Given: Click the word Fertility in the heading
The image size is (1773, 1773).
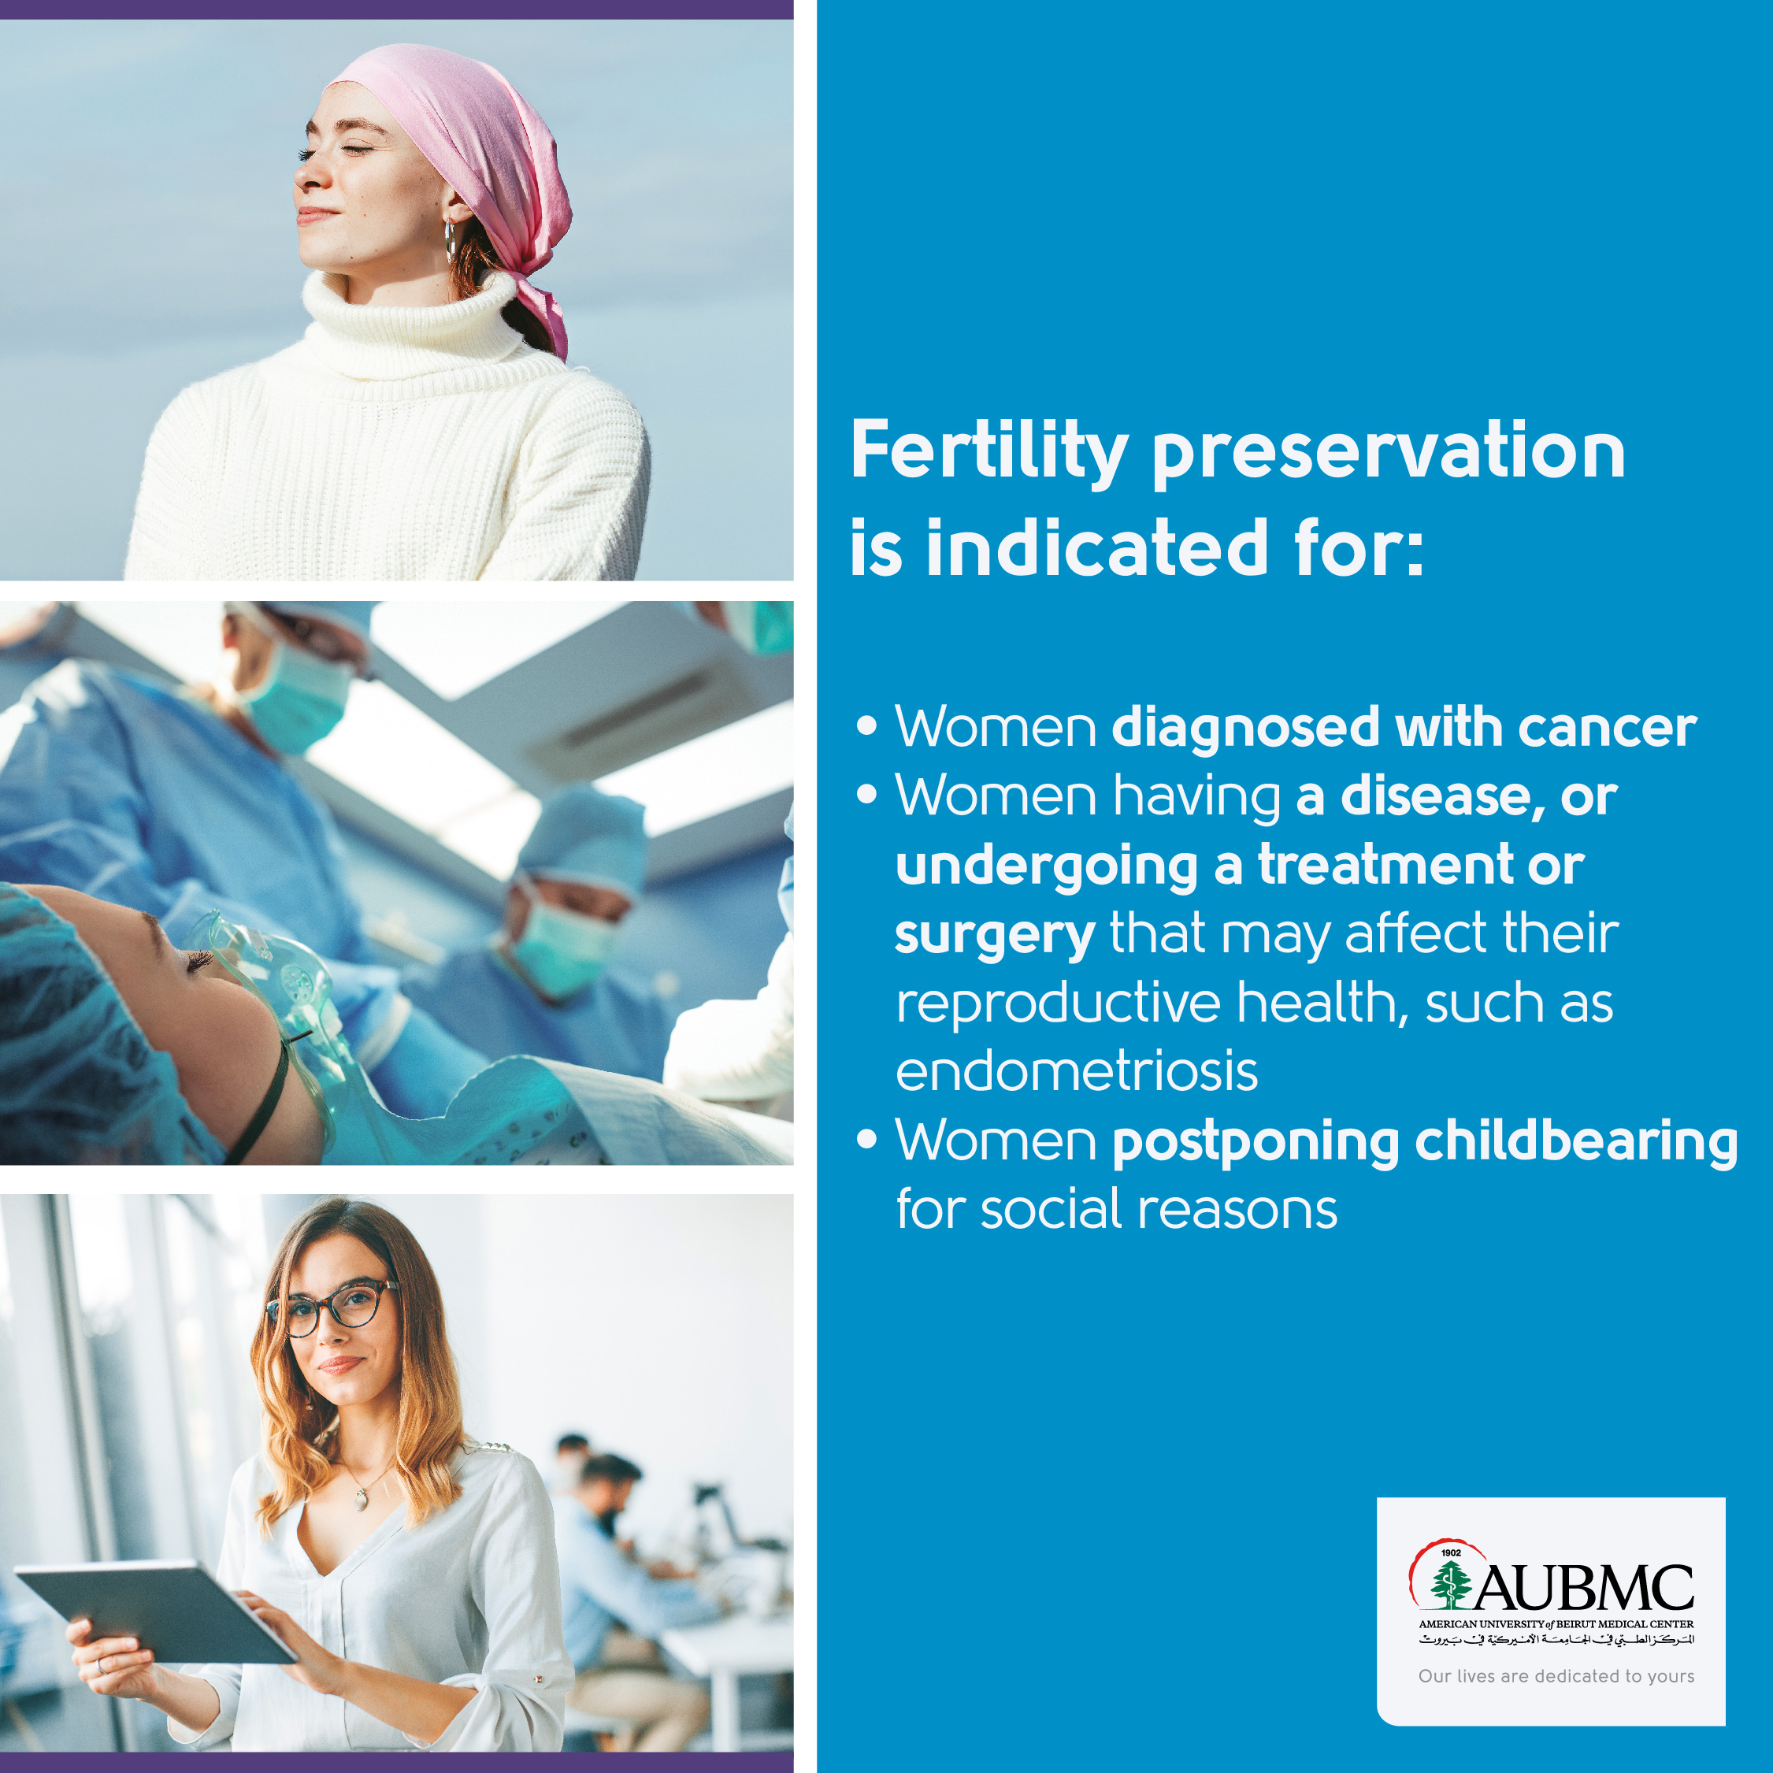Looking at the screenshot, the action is [989, 452].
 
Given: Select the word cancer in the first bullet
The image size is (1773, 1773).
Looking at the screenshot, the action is [1607, 728].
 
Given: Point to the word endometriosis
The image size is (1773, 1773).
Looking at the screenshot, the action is [1077, 1071].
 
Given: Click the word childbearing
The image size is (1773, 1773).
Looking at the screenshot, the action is [1576, 1141].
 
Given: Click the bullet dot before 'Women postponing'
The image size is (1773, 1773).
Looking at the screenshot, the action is [866, 1140].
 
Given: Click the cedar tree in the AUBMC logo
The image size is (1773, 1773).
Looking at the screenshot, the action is [1450, 1586].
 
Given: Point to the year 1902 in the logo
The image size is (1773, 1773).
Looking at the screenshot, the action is [1451, 1552].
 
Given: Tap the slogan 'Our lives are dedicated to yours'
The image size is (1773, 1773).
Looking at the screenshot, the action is [1556, 1675].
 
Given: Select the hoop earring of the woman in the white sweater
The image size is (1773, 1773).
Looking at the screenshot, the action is [450, 240].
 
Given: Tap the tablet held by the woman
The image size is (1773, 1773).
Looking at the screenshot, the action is [156, 1613].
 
